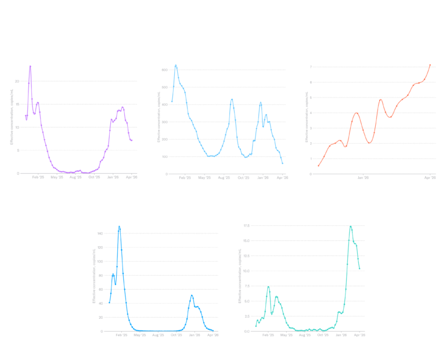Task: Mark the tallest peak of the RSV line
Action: [30, 66]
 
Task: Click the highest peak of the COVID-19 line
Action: [176, 64]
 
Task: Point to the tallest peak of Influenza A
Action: [120, 226]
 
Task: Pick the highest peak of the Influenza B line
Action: [350, 226]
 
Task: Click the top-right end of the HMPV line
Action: [430, 64]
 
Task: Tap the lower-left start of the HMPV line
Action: [318, 167]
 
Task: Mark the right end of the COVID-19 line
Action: [283, 164]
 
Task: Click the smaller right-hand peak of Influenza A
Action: [192, 296]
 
